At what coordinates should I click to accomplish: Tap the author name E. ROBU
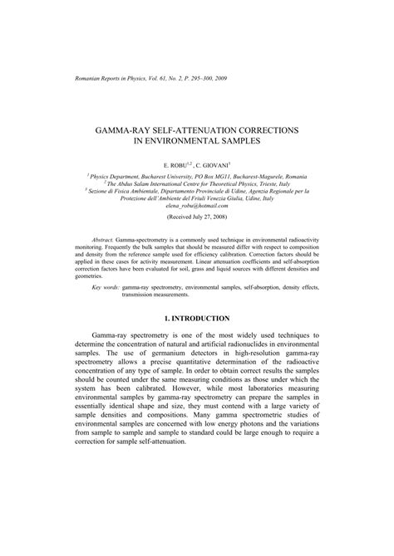pos(180,166)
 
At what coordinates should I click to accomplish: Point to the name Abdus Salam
pos(130,184)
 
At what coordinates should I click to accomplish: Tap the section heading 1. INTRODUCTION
pos(197,319)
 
